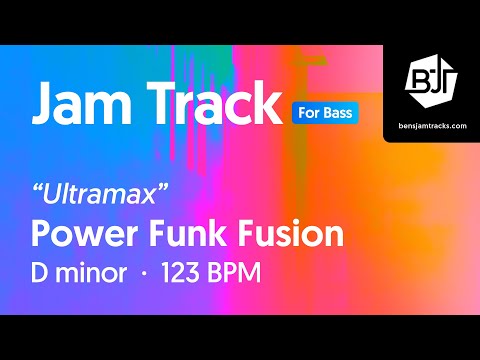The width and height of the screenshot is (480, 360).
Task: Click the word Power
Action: tap(81, 234)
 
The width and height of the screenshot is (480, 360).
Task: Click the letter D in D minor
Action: tap(42, 273)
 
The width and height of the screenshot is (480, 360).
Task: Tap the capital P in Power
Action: tap(42, 234)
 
